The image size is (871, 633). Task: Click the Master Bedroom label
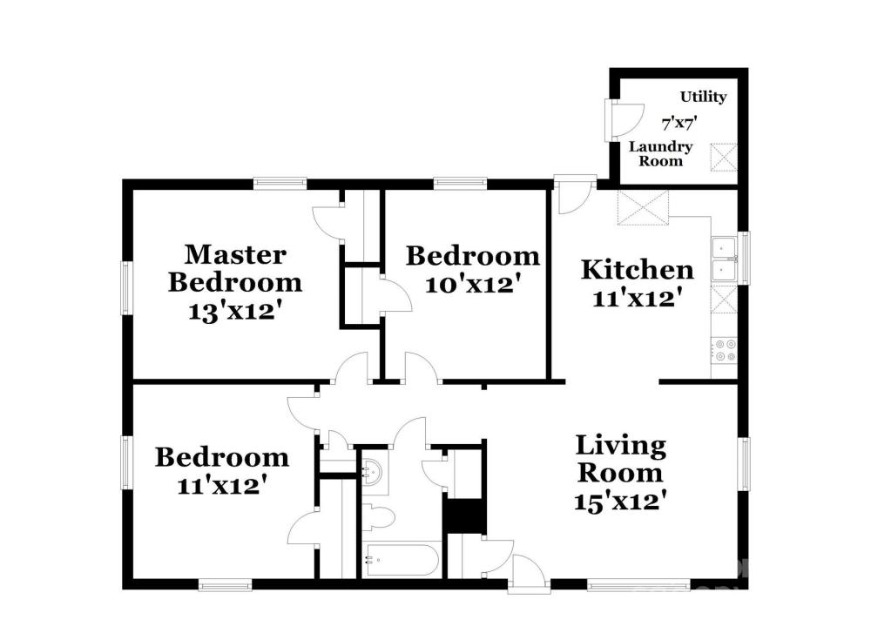(x=235, y=269)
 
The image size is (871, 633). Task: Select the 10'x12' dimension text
(x=473, y=285)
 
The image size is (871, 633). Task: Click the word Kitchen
(x=638, y=270)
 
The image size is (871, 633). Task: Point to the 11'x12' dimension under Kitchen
(x=638, y=299)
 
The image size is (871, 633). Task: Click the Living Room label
(x=620, y=459)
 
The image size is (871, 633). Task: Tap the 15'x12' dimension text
(x=620, y=502)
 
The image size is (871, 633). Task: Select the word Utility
(x=703, y=97)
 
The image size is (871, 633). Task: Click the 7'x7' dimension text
(x=679, y=123)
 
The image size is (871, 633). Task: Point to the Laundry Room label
(x=660, y=154)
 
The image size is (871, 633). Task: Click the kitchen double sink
(x=725, y=259)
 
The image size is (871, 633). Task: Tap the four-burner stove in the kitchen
(x=725, y=350)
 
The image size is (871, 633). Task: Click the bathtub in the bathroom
(x=401, y=560)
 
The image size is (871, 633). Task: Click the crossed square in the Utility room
(x=725, y=157)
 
